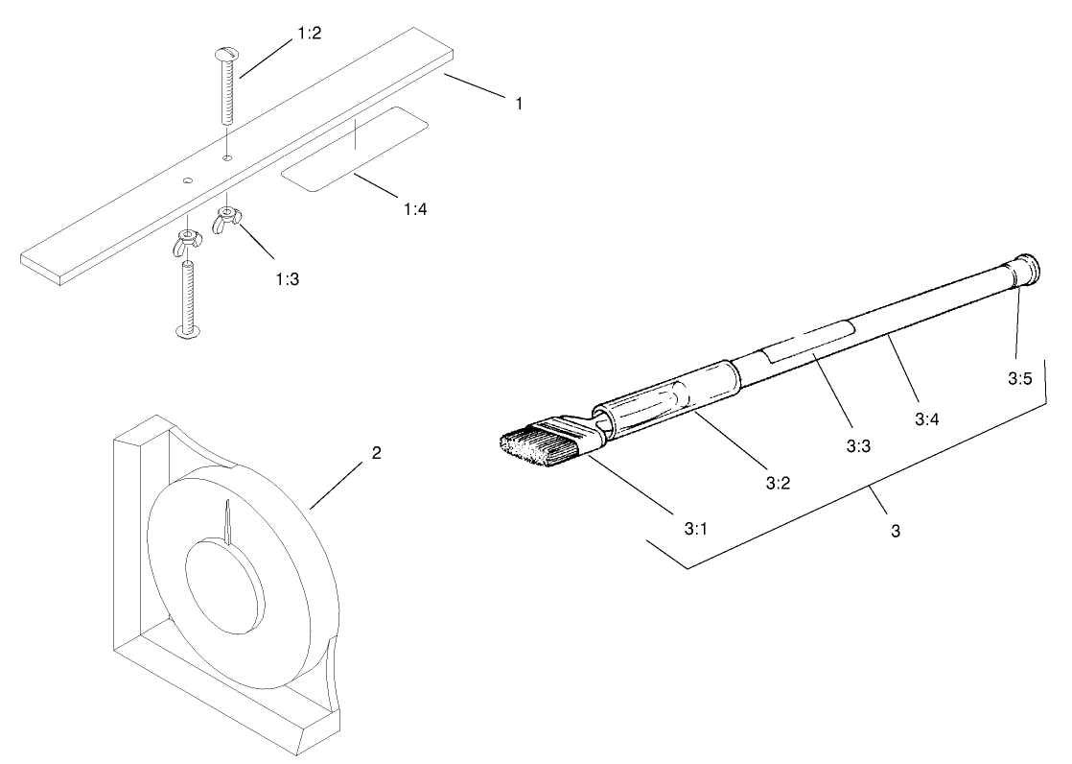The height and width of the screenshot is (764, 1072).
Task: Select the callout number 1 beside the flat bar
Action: pos(519,103)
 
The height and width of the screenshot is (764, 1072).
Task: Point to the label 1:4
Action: pos(415,207)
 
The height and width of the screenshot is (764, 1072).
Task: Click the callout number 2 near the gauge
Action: pos(377,453)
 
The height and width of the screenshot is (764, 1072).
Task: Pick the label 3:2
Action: pos(778,483)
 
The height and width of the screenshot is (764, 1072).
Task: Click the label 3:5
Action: pos(1019,378)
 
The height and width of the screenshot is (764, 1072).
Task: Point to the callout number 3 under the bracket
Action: pos(895,530)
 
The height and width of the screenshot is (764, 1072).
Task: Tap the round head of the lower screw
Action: pos(187,332)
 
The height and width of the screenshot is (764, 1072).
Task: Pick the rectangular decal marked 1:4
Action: pos(354,150)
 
